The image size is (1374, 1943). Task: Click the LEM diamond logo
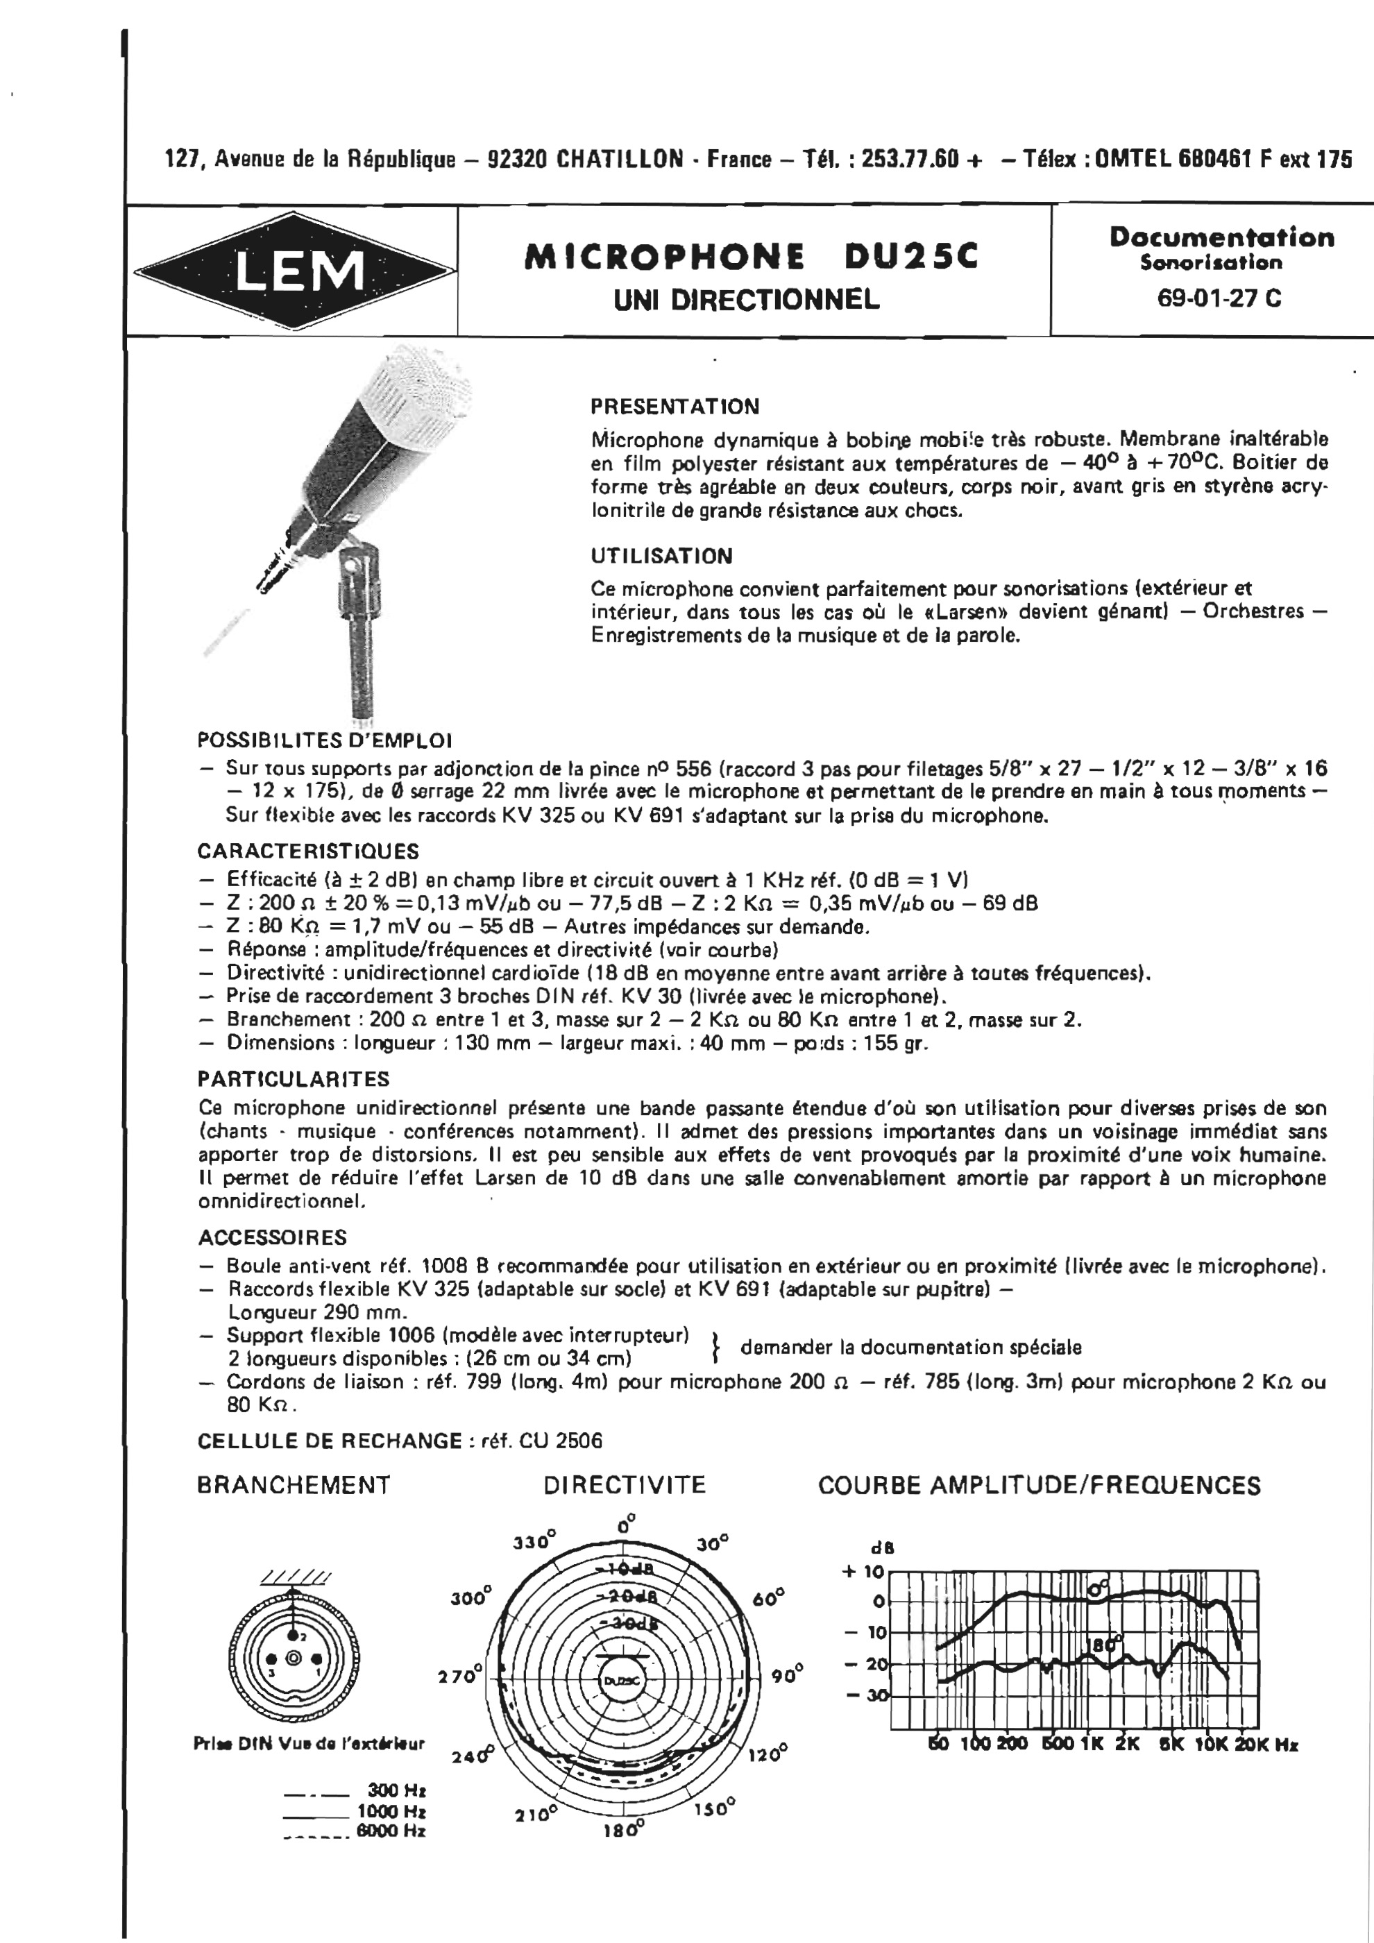pyautogui.click(x=293, y=271)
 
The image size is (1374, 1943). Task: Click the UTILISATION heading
pyautogui.click(x=661, y=556)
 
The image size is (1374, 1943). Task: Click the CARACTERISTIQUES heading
pyautogui.click(x=308, y=851)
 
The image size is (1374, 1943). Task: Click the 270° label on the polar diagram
pyautogui.click(x=459, y=1676)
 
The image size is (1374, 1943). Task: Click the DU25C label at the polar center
pyautogui.click(x=622, y=1681)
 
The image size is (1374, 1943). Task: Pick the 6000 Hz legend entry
pyautogui.click(x=391, y=1831)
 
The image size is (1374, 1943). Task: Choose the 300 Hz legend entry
pyautogui.click(x=396, y=1790)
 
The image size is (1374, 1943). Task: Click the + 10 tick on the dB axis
pyautogui.click(x=862, y=1572)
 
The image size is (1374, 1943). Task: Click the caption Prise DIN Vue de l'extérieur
pyautogui.click(x=309, y=1743)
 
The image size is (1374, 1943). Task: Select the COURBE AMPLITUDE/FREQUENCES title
pyautogui.click(x=1039, y=1485)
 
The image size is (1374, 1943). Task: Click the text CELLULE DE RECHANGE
pyautogui.click(x=329, y=1441)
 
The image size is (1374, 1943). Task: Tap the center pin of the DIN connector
pyautogui.click(x=294, y=1658)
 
